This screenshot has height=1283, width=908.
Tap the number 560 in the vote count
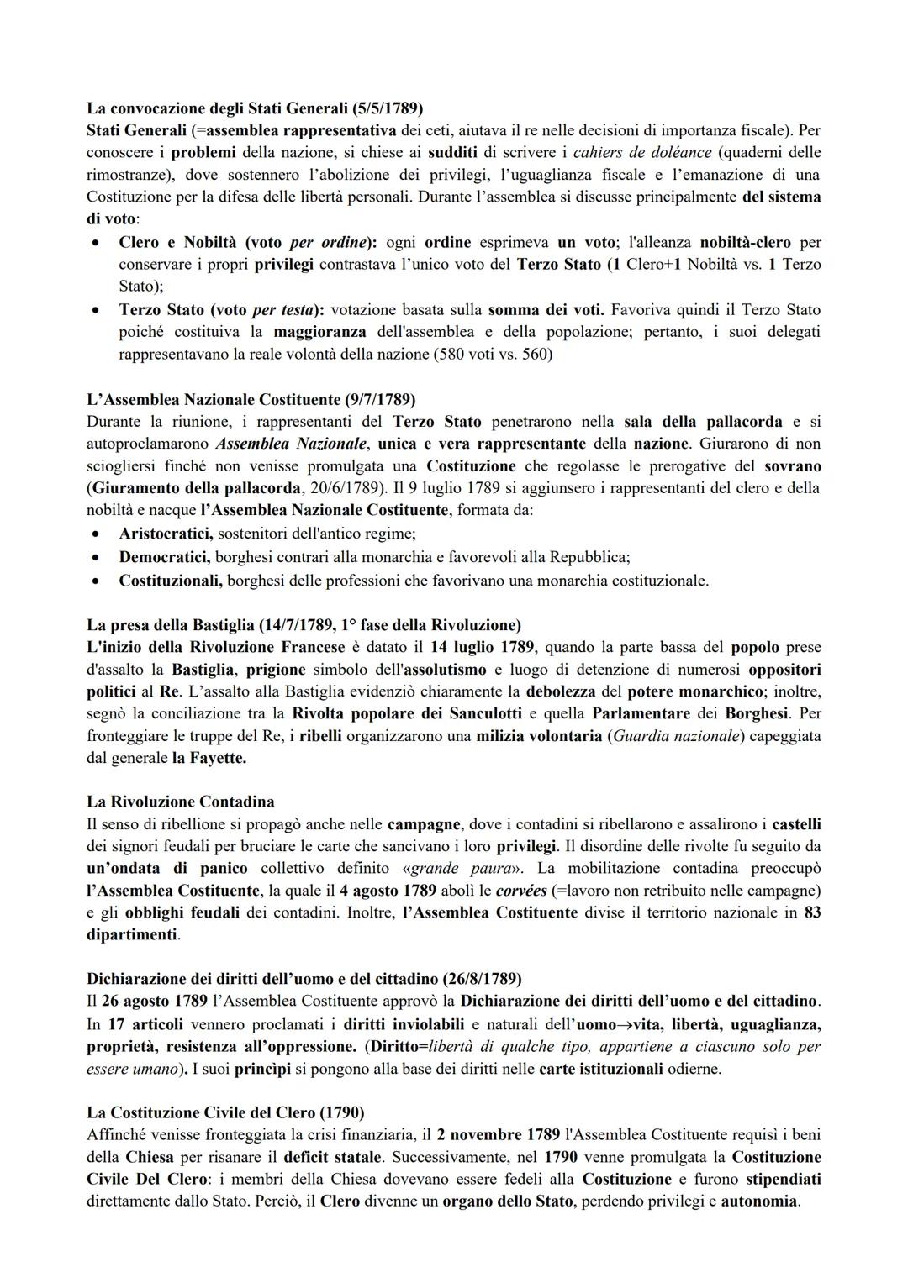(534, 354)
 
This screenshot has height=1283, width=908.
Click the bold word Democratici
(165, 557)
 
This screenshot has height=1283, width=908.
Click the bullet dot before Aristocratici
(99, 534)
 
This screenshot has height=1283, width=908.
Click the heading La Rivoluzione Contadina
(181, 802)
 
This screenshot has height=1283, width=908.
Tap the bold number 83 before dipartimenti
(812, 912)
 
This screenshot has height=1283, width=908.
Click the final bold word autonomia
(758, 1201)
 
